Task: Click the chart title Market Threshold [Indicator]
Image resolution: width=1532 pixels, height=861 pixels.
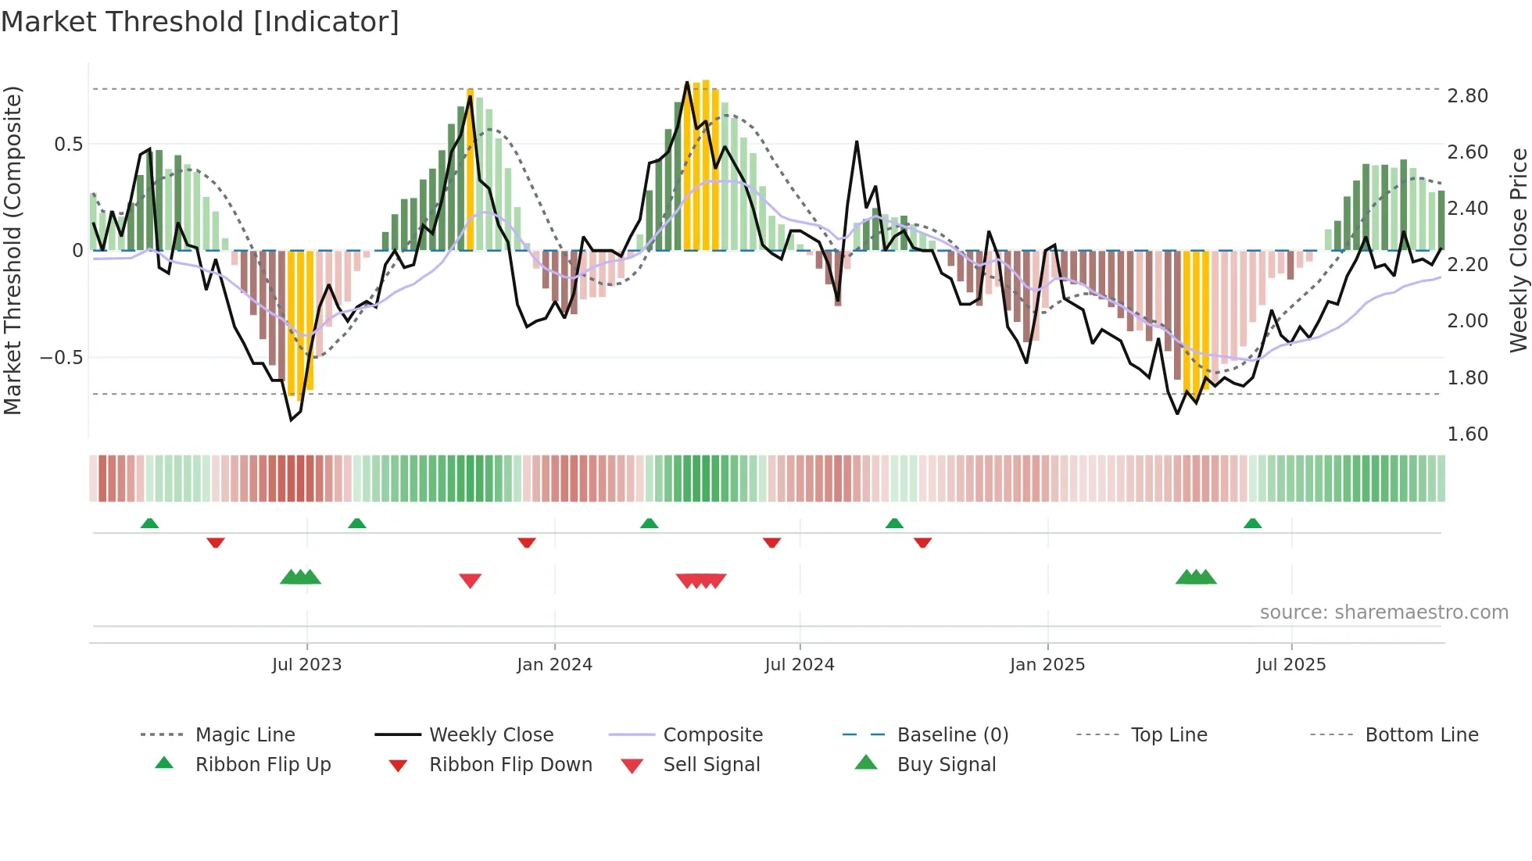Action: click(200, 22)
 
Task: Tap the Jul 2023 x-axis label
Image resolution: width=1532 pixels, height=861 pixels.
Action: click(306, 665)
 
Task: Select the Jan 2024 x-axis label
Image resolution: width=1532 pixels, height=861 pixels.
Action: click(554, 665)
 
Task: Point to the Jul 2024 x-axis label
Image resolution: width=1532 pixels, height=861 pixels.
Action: click(799, 665)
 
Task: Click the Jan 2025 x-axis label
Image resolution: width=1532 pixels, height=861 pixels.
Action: click(1047, 665)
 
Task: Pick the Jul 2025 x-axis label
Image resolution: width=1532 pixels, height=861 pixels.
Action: click(1290, 665)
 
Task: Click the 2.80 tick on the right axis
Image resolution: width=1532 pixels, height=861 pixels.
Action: click(1467, 96)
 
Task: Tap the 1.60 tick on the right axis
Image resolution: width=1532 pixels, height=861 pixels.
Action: click(1467, 434)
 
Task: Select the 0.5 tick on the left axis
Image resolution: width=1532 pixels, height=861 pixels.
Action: click(68, 145)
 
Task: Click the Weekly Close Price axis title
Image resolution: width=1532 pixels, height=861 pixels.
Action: click(1518, 250)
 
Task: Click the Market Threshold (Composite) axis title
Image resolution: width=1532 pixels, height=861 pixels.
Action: click(13, 250)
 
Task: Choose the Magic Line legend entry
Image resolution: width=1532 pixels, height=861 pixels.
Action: click(245, 735)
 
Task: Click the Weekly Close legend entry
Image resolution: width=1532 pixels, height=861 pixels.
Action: click(491, 735)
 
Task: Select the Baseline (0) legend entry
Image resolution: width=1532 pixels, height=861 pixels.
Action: click(952, 735)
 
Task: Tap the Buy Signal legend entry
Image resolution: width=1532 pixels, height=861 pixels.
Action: click(946, 765)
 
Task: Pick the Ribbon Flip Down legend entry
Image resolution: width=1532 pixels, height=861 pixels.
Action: click(510, 765)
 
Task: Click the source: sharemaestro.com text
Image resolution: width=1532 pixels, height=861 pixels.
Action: click(1383, 613)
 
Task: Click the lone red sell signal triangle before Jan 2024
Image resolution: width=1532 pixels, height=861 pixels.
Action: click(470, 581)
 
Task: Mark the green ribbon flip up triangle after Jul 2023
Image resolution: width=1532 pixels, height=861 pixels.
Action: click(356, 523)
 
